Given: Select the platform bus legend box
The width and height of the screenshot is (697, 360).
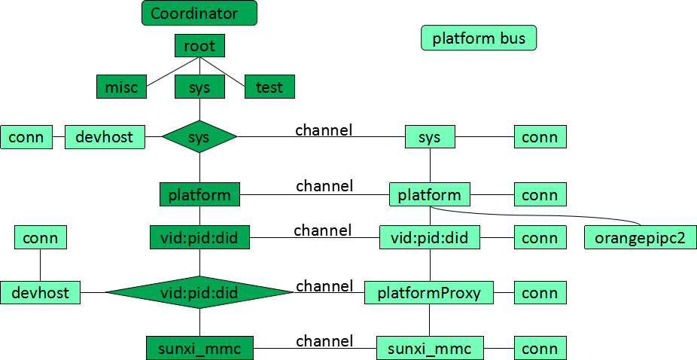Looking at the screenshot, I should (x=479, y=38).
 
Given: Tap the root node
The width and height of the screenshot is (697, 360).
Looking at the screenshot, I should (x=199, y=46).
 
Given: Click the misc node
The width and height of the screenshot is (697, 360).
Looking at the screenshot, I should (x=121, y=87).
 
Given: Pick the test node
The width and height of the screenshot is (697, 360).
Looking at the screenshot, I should (x=269, y=87).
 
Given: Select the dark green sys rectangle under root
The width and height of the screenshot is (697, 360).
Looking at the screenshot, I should (x=199, y=87).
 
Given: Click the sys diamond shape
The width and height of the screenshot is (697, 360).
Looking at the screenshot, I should (x=199, y=137).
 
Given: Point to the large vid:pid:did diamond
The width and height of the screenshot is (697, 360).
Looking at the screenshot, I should (x=199, y=292).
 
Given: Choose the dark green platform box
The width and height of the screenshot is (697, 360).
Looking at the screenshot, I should (x=199, y=195).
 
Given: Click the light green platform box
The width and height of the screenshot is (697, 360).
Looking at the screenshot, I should (x=430, y=195).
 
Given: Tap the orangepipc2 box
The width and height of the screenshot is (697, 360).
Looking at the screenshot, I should (x=641, y=238).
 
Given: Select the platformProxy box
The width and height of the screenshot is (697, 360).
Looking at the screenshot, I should (x=429, y=292).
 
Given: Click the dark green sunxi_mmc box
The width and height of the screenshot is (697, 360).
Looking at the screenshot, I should (x=199, y=348).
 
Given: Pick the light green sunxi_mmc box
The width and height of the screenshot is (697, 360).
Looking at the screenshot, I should (x=430, y=348).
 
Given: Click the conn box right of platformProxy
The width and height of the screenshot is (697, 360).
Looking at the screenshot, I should (x=540, y=292).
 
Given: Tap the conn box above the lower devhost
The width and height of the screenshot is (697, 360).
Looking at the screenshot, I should (x=41, y=238).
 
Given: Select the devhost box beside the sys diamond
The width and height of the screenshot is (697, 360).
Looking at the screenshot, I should (x=105, y=137).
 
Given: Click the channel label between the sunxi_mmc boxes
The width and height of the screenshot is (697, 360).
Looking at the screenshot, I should (x=324, y=341).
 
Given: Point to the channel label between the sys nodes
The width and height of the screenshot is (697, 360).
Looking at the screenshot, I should (x=324, y=130).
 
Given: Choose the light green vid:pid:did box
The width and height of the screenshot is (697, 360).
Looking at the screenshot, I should (x=429, y=238).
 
